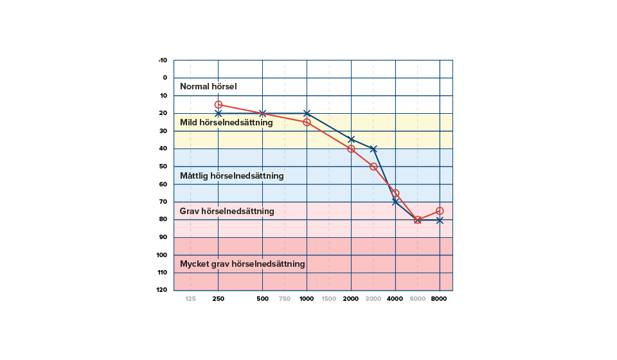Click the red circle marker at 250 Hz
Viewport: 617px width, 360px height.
point(219,105)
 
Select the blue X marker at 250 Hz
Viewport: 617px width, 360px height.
point(219,113)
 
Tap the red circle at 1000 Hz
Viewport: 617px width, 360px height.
point(307,122)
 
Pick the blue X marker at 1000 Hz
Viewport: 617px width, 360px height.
point(307,113)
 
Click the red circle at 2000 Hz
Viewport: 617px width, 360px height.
point(351,148)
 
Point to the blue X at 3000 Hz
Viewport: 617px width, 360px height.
point(373,148)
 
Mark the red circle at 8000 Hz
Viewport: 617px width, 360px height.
point(440,211)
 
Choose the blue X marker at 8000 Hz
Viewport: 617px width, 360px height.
point(440,220)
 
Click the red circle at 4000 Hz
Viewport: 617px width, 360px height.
point(395,193)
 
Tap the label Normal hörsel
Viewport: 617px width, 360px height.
point(208,87)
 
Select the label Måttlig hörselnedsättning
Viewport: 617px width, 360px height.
point(231,175)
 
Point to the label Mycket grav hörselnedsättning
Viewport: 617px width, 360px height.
point(242,264)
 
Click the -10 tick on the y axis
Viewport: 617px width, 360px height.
point(163,60)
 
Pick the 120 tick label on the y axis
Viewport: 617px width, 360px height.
point(161,290)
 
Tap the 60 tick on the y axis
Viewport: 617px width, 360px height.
point(163,184)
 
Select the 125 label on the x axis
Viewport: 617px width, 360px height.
point(191,299)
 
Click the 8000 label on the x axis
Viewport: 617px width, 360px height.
point(440,299)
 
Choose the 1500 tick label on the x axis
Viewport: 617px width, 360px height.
point(328,299)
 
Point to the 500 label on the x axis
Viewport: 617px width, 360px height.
point(262,299)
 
